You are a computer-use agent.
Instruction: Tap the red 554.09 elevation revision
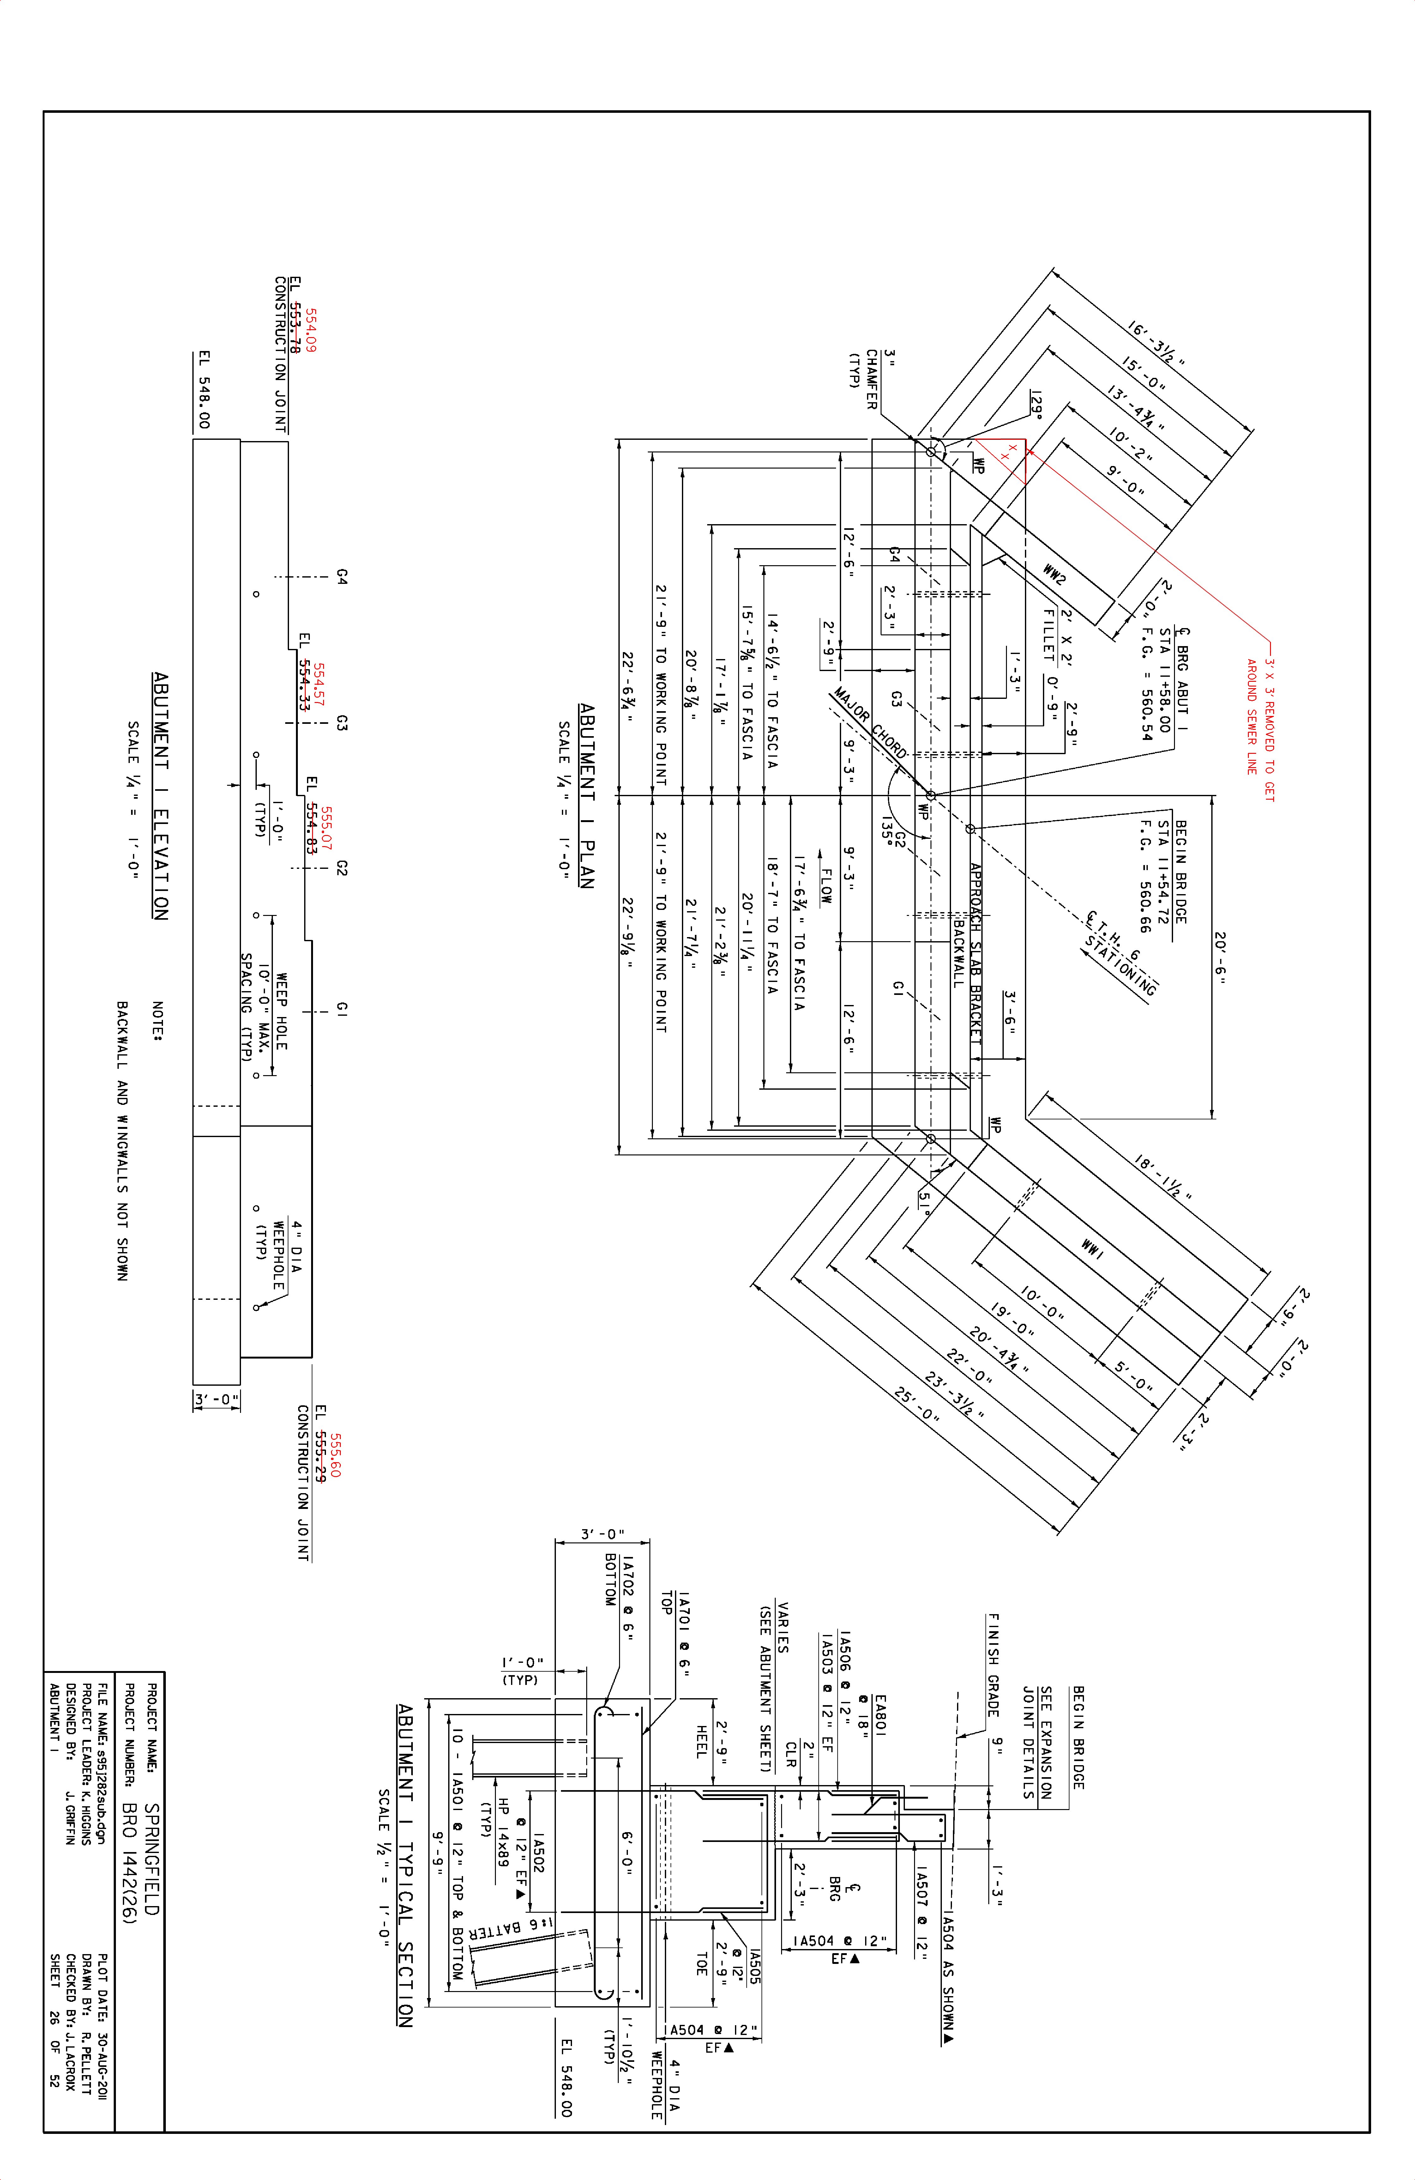pos(310,330)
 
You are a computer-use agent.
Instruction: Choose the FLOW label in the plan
pos(826,887)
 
